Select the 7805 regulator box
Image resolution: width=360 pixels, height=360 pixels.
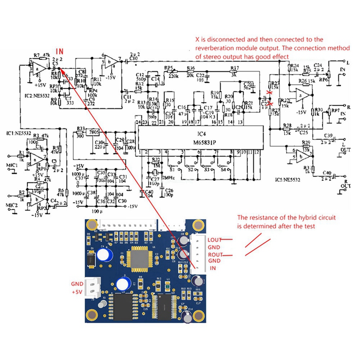(x=94, y=132)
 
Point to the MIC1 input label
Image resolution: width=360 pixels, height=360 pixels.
(x=11, y=166)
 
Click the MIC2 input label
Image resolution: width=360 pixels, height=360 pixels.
(x=11, y=206)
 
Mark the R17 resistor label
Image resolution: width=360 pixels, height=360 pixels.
(x=234, y=67)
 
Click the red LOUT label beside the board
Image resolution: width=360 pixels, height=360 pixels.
(x=215, y=240)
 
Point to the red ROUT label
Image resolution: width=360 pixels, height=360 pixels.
(x=215, y=254)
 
